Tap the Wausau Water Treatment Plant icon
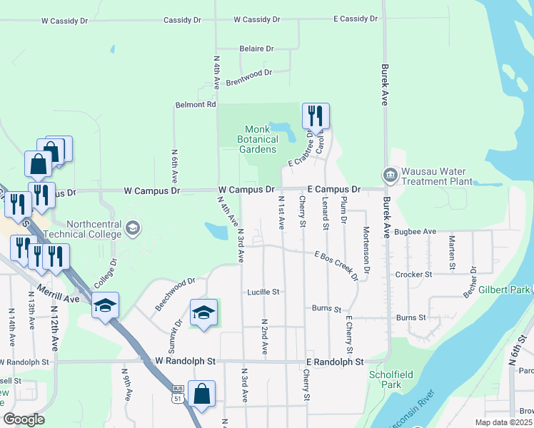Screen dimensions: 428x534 coord(390,174)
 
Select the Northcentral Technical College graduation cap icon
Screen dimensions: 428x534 coord(131,228)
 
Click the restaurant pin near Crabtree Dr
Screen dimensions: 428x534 coord(315,116)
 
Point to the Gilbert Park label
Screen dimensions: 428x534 coord(504,290)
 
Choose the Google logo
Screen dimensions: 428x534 coord(24,419)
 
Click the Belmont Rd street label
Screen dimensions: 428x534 coord(195,105)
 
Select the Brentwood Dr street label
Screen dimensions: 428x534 coord(249,77)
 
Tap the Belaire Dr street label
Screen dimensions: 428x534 coord(256,49)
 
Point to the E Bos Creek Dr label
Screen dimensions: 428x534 coord(336,265)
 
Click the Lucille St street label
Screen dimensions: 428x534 coord(263,292)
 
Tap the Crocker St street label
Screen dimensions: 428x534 coord(414,274)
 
